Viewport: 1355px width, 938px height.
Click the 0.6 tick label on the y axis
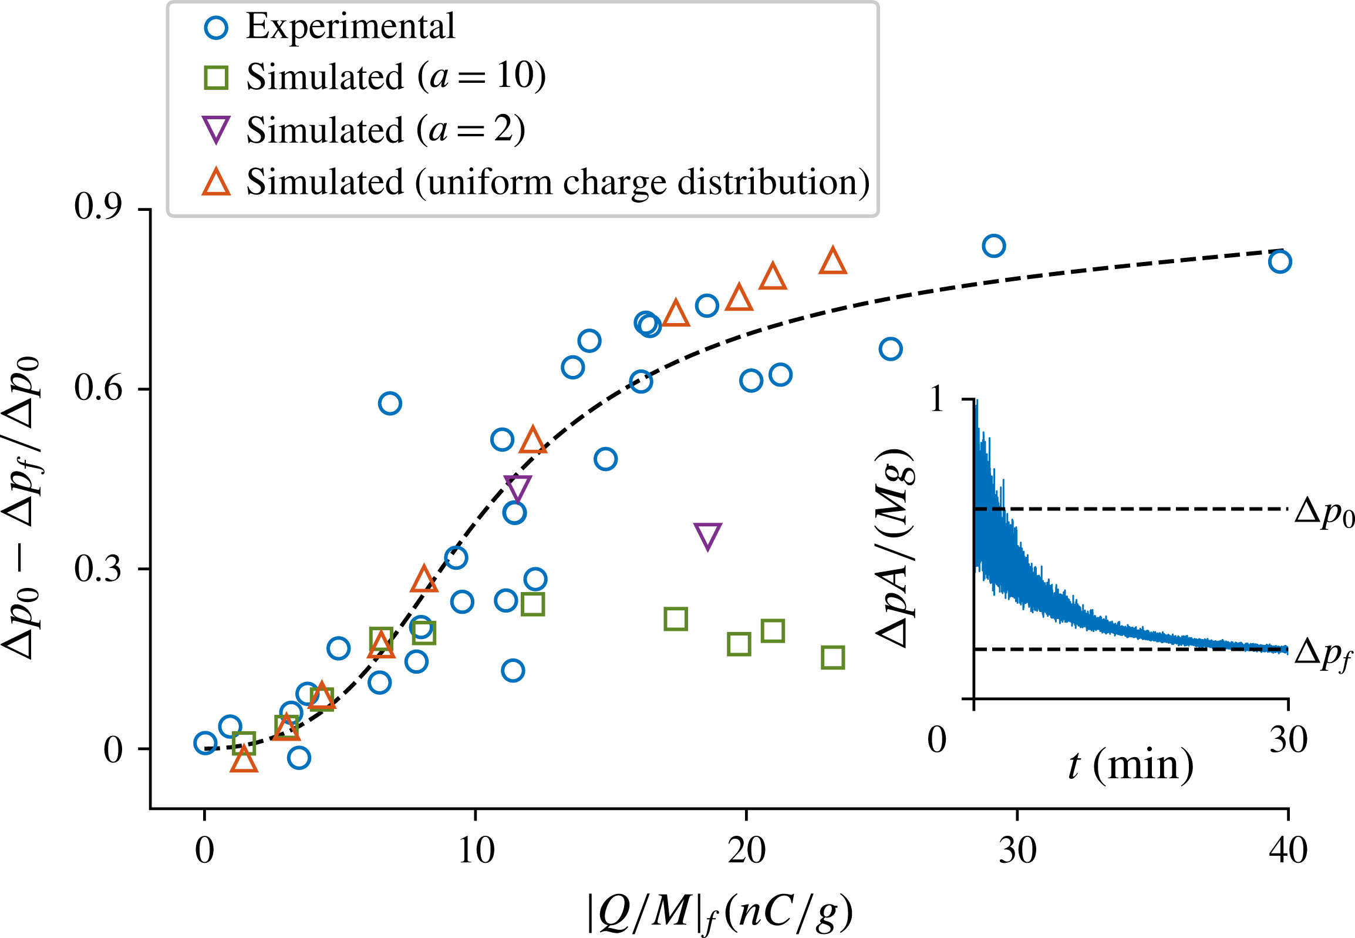(98, 388)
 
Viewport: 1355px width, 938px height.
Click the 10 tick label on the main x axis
(476, 850)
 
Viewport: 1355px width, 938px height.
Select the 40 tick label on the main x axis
(1287, 850)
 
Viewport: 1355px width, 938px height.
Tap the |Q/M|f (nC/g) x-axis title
(720, 913)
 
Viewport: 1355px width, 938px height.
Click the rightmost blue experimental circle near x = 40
(1279, 261)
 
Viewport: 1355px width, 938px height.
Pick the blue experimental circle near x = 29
(993, 246)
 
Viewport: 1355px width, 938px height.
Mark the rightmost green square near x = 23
(833, 658)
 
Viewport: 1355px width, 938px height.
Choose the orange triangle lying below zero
(244, 761)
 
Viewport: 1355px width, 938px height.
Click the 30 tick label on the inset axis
(1288, 739)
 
